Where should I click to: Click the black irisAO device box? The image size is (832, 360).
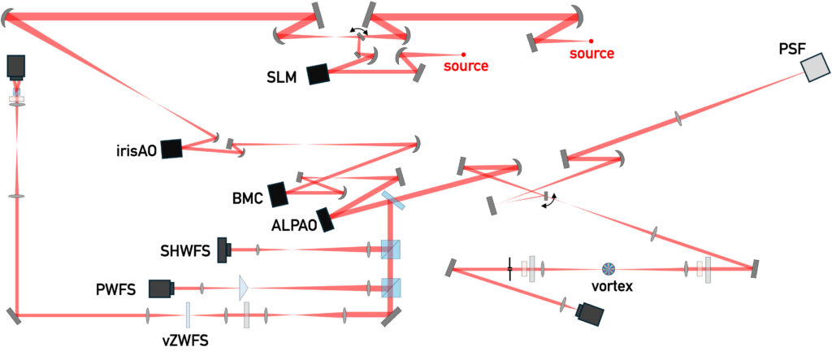[x=171, y=148]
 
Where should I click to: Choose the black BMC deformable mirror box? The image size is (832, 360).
[x=278, y=193]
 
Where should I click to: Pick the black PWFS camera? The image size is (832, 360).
[x=161, y=288]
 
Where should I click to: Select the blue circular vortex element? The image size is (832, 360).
[x=609, y=268]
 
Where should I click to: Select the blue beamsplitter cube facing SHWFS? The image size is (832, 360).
[x=392, y=249]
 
